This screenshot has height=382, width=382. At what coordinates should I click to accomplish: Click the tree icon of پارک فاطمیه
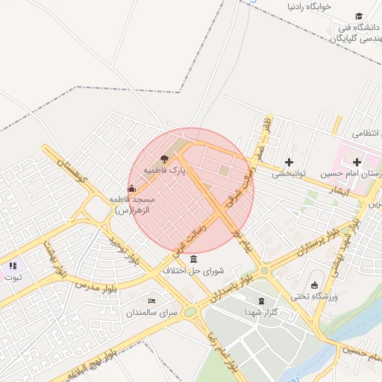tap(163, 158)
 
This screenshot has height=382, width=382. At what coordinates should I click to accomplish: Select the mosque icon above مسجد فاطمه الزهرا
tap(132, 187)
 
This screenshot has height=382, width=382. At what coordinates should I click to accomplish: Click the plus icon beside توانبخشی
tap(289, 161)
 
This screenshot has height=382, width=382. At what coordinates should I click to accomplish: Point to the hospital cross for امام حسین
tap(357, 161)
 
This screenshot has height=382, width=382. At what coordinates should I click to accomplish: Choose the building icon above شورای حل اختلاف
tap(194, 259)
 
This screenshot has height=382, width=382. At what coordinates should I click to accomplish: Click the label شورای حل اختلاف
tap(194, 271)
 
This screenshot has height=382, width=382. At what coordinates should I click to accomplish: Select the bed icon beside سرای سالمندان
tap(152, 301)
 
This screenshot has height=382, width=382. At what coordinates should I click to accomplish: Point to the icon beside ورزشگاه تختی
tap(314, 284)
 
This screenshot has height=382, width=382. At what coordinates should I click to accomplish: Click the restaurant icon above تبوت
tap(13, 265)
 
